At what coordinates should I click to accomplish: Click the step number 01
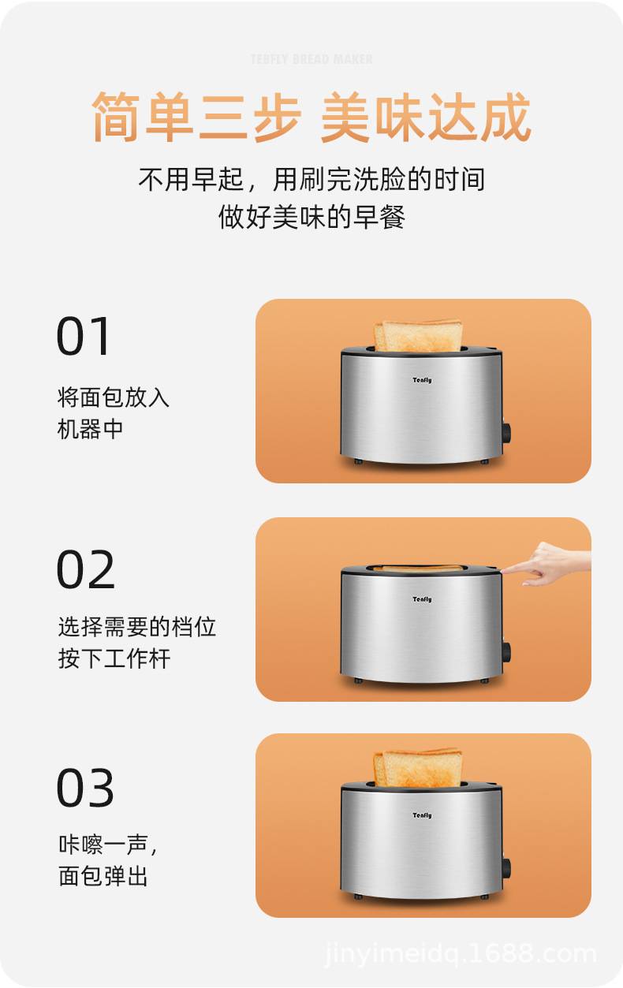[83, 336]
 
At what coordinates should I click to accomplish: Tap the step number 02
[86, 569]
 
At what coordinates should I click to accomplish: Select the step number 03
[85, 787]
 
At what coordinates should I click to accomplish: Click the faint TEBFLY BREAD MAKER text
[311, 59]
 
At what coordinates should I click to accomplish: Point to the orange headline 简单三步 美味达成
[311, 117]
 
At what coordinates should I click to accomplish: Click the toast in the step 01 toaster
[418, 336]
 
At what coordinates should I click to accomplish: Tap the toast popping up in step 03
[418, 768]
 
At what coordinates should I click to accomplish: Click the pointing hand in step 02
[547, 564]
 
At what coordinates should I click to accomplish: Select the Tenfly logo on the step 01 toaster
[422, 380]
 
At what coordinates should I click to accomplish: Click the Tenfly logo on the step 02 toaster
[422, 599]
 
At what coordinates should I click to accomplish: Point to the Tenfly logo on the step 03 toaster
[422, 815]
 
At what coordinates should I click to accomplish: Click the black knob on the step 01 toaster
[506, 433]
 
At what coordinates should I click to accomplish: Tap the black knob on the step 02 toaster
[506, 652]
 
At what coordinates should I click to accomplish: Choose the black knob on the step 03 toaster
[506, 868]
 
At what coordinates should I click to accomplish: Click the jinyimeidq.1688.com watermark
[461, 954]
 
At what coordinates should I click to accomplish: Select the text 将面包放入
[114, 397]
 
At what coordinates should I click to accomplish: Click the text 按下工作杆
[114, 659]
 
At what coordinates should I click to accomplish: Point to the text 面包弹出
[103, 875]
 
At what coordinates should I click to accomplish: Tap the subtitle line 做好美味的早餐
[311, 217]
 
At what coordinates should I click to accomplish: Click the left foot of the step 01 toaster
[358, 461]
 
